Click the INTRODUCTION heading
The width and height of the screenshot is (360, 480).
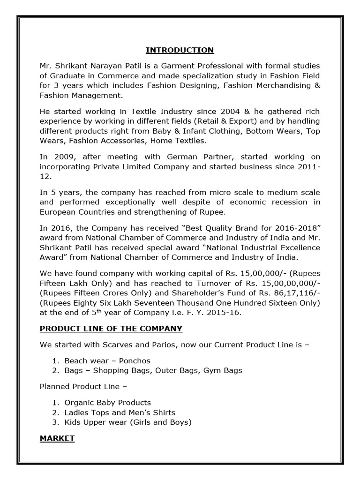pos(180,50)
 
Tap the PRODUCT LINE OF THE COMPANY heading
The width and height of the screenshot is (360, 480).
pos(111,329)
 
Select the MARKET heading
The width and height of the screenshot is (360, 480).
pos(57,438)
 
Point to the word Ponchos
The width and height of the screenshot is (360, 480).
pos(135,360)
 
